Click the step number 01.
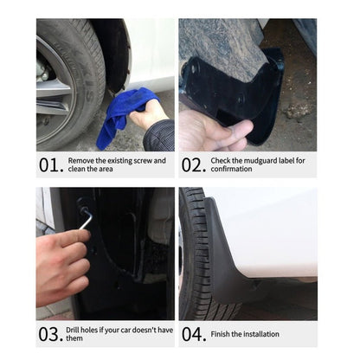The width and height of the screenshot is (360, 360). coord(50,164)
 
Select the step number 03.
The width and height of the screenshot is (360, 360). coord(50,334)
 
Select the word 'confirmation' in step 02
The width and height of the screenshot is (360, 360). coord(234,169)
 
